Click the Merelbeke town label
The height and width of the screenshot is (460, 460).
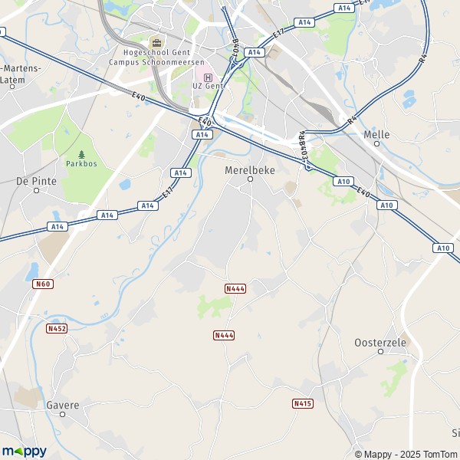coord(250,169)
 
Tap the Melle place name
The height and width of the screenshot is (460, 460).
coord(376,134)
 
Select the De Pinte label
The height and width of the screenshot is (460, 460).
coord(36,181)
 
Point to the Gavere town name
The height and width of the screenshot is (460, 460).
coord(63,405)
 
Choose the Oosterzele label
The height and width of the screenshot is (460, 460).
coord(380,343)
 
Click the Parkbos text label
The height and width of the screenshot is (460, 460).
coord(81,163)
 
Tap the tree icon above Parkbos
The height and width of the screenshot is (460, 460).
coord(81,154)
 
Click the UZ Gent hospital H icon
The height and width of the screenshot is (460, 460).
coord(208,77)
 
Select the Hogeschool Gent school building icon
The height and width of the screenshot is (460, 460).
coord(156,43)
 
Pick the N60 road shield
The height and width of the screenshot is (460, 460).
coord(43,284)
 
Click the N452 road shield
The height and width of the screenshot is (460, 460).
coord(57,328)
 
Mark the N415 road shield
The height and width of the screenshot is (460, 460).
coord(303,403)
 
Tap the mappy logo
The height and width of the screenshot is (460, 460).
coord(24,451)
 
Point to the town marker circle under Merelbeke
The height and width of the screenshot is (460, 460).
coord(250,179)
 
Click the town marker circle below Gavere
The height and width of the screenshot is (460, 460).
coord(63,414)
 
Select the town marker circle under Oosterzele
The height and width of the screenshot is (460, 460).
coord(380,352)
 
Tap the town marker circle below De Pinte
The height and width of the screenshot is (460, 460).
coord(36,190)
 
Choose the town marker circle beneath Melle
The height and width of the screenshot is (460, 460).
coord(376,143)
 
